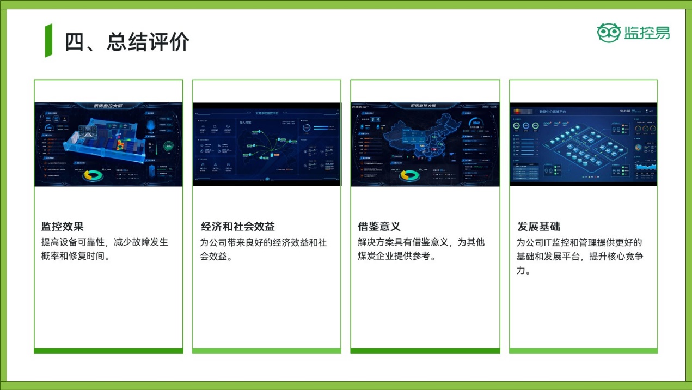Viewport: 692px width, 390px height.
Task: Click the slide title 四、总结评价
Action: pos(127,42)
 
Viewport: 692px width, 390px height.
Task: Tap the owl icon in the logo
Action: pos(608,33)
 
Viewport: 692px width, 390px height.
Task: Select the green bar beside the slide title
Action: pos(48,40)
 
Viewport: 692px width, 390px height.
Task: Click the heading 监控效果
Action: pos(62,227)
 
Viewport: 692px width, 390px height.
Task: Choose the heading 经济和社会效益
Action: pos(238,227)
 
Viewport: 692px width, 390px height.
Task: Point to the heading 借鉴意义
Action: pos(379,227)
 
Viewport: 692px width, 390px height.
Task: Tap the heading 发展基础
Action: pos(538,227)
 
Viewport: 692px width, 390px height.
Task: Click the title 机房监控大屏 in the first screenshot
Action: pos(108,106)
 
